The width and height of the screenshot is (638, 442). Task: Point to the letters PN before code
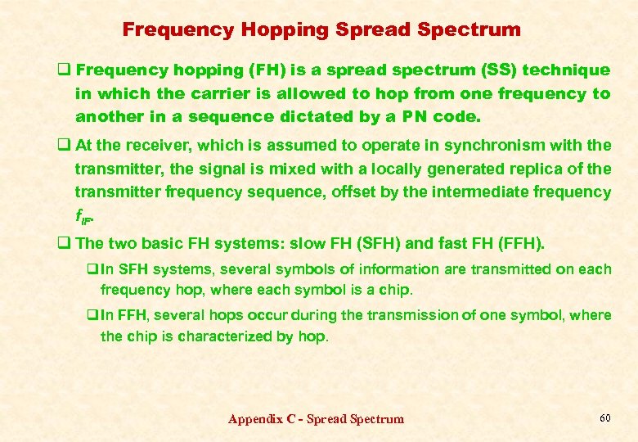[409, 116]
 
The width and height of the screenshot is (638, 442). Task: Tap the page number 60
[604, 418]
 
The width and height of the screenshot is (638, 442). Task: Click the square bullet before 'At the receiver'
[62, 146]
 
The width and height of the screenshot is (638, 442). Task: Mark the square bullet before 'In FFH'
[92, 315]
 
